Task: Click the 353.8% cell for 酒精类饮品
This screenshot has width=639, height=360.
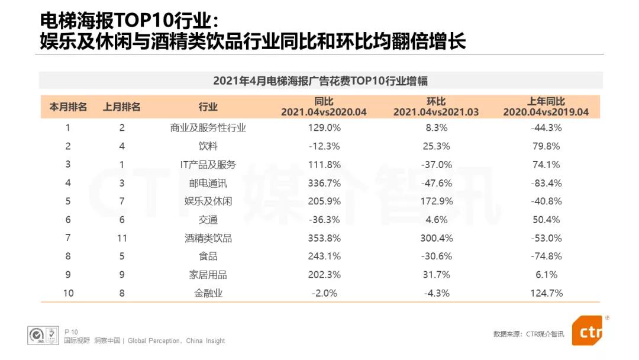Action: (x=324, y=238)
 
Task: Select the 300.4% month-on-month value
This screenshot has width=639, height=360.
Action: (x=436, y=238)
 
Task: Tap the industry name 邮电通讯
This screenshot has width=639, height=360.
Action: (x=208, y=183)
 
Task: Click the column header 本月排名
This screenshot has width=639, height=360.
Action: (x=68, y=107)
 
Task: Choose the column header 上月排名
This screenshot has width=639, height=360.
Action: (x=122, y=107)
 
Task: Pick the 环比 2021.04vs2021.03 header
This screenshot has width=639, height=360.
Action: (x=436, y=107)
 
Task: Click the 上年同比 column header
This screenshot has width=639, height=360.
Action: (x=546, y=107)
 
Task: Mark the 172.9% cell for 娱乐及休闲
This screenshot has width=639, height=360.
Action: (x=436, y=201)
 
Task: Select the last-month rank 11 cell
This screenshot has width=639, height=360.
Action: (x=122, y=238)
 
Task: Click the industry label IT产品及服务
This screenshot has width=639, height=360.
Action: (x=208, y=165)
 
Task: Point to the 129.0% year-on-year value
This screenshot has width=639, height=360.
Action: (x=324, y=127)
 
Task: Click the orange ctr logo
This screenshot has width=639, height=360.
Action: (x=587, y=332)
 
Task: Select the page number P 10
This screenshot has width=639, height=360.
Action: (x=71, y=332)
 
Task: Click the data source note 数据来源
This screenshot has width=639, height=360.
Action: (x=528, y=334)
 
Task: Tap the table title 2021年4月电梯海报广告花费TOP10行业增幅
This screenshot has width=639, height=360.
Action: (x=320, y=81)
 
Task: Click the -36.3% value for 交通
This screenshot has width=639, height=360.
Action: (x=324, y=220)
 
